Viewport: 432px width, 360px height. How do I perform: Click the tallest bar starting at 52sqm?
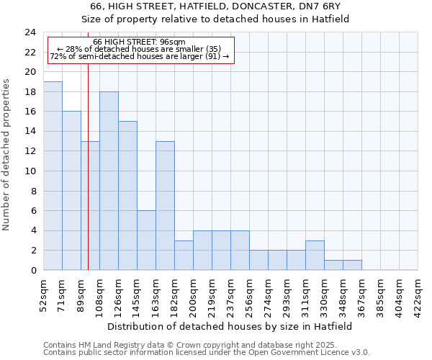pyautogui.click(x=53, y=176)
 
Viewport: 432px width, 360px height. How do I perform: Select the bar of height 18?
pyautogui.click(x=109, y=181)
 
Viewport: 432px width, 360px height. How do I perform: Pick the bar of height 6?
pyautogui.click(x=146, y=240)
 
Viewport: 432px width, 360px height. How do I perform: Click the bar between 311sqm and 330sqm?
pyautogui.click(x=315, y=256)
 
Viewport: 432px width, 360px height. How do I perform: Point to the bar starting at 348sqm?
pyautogui.click(x=352, y=265)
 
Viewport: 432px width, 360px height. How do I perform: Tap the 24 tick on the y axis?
pyautogui.click(x=30, y=32)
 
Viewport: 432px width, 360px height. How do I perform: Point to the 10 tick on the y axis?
pyautogui.click(x=30, y=171)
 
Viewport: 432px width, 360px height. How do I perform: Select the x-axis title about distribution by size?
pyautogui.click(x=230, y=326)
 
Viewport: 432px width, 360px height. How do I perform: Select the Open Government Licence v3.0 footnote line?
pyautogui.click(x=207, y=353)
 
